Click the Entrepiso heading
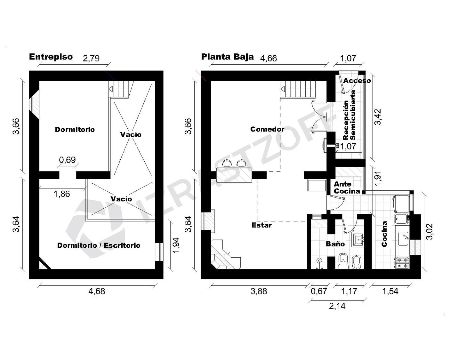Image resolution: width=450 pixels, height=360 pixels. click(x=51, y=57)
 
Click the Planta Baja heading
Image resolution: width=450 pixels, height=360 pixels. click(x=228, y=57)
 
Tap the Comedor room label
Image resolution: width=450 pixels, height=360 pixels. click(x=267, y=129)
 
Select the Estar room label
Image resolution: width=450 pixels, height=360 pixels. click(x=261, y=225)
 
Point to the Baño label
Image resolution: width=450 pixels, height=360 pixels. click(x=335, y=244)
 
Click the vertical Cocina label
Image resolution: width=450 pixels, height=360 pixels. click(x=384, y=234)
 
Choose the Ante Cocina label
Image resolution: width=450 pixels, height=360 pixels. click(x=347, y=188)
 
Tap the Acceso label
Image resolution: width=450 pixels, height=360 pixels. click(x=357, y=81)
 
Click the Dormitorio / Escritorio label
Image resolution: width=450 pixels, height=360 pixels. click(x=99, y=245)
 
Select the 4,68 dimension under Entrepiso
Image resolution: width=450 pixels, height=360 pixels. click(x=97, y=291)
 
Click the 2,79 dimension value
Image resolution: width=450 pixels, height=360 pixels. click(x=91, y=58)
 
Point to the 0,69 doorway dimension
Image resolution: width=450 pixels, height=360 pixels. click(x=67, y=160)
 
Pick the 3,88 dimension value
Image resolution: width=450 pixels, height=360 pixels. click(x=259, y=291)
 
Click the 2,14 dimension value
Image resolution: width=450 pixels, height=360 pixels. click(x=337, y=306)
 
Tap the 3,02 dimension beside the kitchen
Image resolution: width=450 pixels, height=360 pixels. click(x=429, y=232)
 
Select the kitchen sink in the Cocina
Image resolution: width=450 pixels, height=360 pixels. click(x=403, y=238)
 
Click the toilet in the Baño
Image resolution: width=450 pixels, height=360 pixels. click(x=343, y=261)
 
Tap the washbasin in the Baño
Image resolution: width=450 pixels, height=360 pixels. click(x=358, y=238)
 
